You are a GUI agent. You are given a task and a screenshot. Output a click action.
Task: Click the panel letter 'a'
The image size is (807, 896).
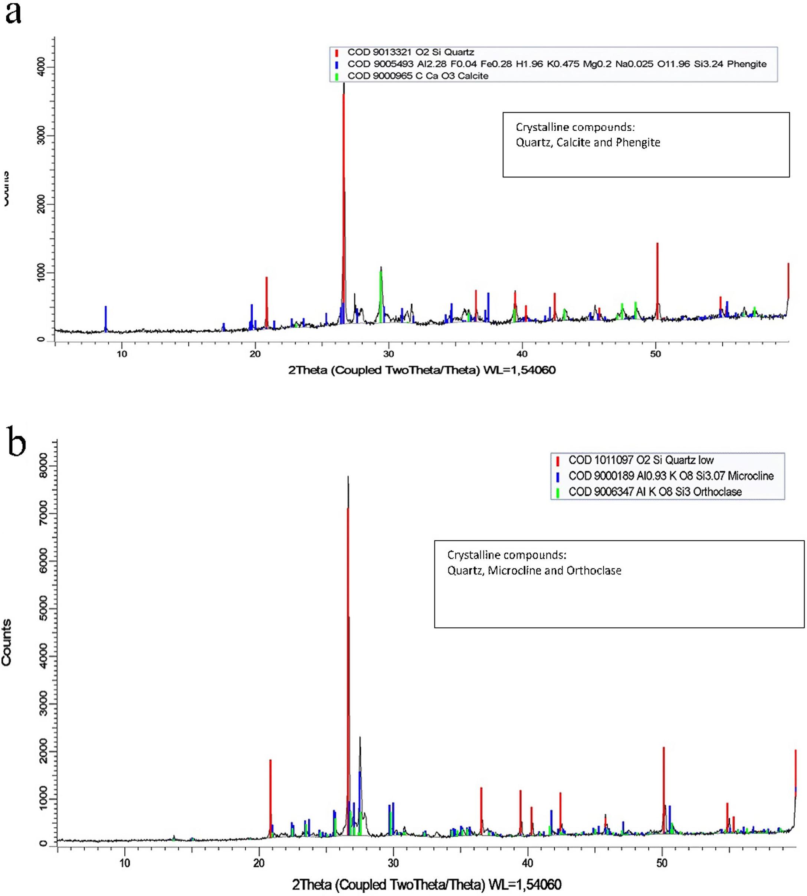click(13, 14)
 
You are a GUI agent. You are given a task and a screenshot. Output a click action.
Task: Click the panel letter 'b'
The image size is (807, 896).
click(16, 443)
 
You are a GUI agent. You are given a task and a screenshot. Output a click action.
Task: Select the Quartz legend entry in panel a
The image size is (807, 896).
click(411, 52)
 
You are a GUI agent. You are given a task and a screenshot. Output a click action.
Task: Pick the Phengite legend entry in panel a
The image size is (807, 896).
click(557, 64)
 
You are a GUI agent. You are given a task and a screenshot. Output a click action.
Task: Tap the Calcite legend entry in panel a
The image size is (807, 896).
click(418, 76)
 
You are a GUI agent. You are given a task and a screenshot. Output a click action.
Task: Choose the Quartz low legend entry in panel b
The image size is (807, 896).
click(641, 460)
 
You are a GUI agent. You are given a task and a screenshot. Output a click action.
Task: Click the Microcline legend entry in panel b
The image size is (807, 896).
click(671, 476)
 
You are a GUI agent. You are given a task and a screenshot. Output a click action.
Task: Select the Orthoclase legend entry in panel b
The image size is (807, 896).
click(655, 491)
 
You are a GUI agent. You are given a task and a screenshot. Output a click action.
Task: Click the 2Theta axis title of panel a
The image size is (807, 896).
click(421, 370)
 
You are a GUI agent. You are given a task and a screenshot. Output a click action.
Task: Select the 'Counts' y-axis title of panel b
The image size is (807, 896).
click(6, 642)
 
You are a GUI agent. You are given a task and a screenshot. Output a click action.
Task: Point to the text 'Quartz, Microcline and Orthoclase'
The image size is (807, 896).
click(534, 570)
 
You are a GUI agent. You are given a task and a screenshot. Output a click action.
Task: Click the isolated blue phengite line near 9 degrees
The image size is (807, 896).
click(105, 318)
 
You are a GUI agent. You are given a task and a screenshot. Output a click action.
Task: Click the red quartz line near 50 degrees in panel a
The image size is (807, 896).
click(657, 279)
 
